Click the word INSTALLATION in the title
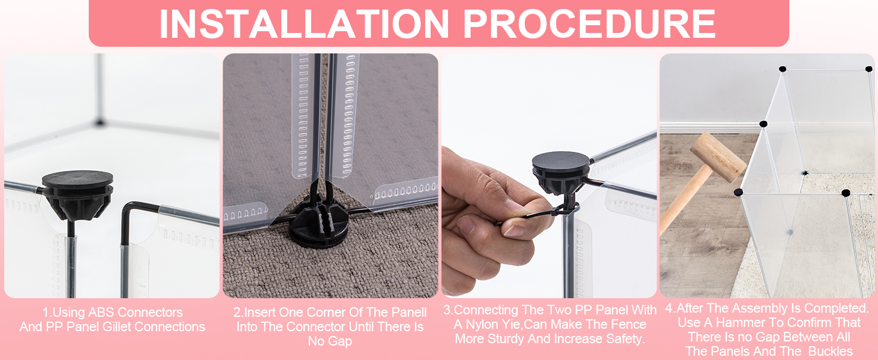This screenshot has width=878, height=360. [x=304, y=23]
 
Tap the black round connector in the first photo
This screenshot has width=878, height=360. [x=78, y=195]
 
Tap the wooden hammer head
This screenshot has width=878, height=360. [x=718, y=157]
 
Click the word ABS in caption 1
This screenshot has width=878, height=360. [x=101, y=312]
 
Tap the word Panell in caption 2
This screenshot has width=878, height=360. [x=408, y=312]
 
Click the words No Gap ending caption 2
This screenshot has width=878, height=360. [x=330, y=341]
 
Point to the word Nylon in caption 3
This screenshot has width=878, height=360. [x=482, y=325]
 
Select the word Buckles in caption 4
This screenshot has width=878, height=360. [x=831, y=352]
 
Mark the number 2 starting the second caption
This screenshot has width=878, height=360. [x=237, y=312]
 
